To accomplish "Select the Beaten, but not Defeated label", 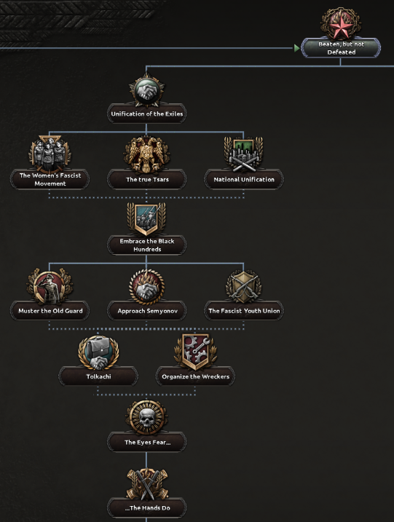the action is [341, 48].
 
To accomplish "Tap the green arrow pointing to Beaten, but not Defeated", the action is [296, 48].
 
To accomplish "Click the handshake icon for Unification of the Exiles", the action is [147, 90].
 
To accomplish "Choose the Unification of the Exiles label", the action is [147, 114].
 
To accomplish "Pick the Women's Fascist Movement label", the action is [50, 179].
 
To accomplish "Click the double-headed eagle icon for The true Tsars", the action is [147, 154].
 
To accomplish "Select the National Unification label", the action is [244, 179].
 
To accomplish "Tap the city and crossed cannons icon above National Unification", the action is [244, 155].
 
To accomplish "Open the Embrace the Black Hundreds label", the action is [147, 245].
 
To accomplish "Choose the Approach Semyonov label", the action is [147, 311].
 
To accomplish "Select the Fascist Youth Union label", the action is [244, 311].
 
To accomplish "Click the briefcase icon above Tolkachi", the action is [98, 352].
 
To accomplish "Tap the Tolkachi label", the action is [98, 376].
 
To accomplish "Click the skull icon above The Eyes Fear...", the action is [147, 418].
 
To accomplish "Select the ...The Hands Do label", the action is [147, 508].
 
